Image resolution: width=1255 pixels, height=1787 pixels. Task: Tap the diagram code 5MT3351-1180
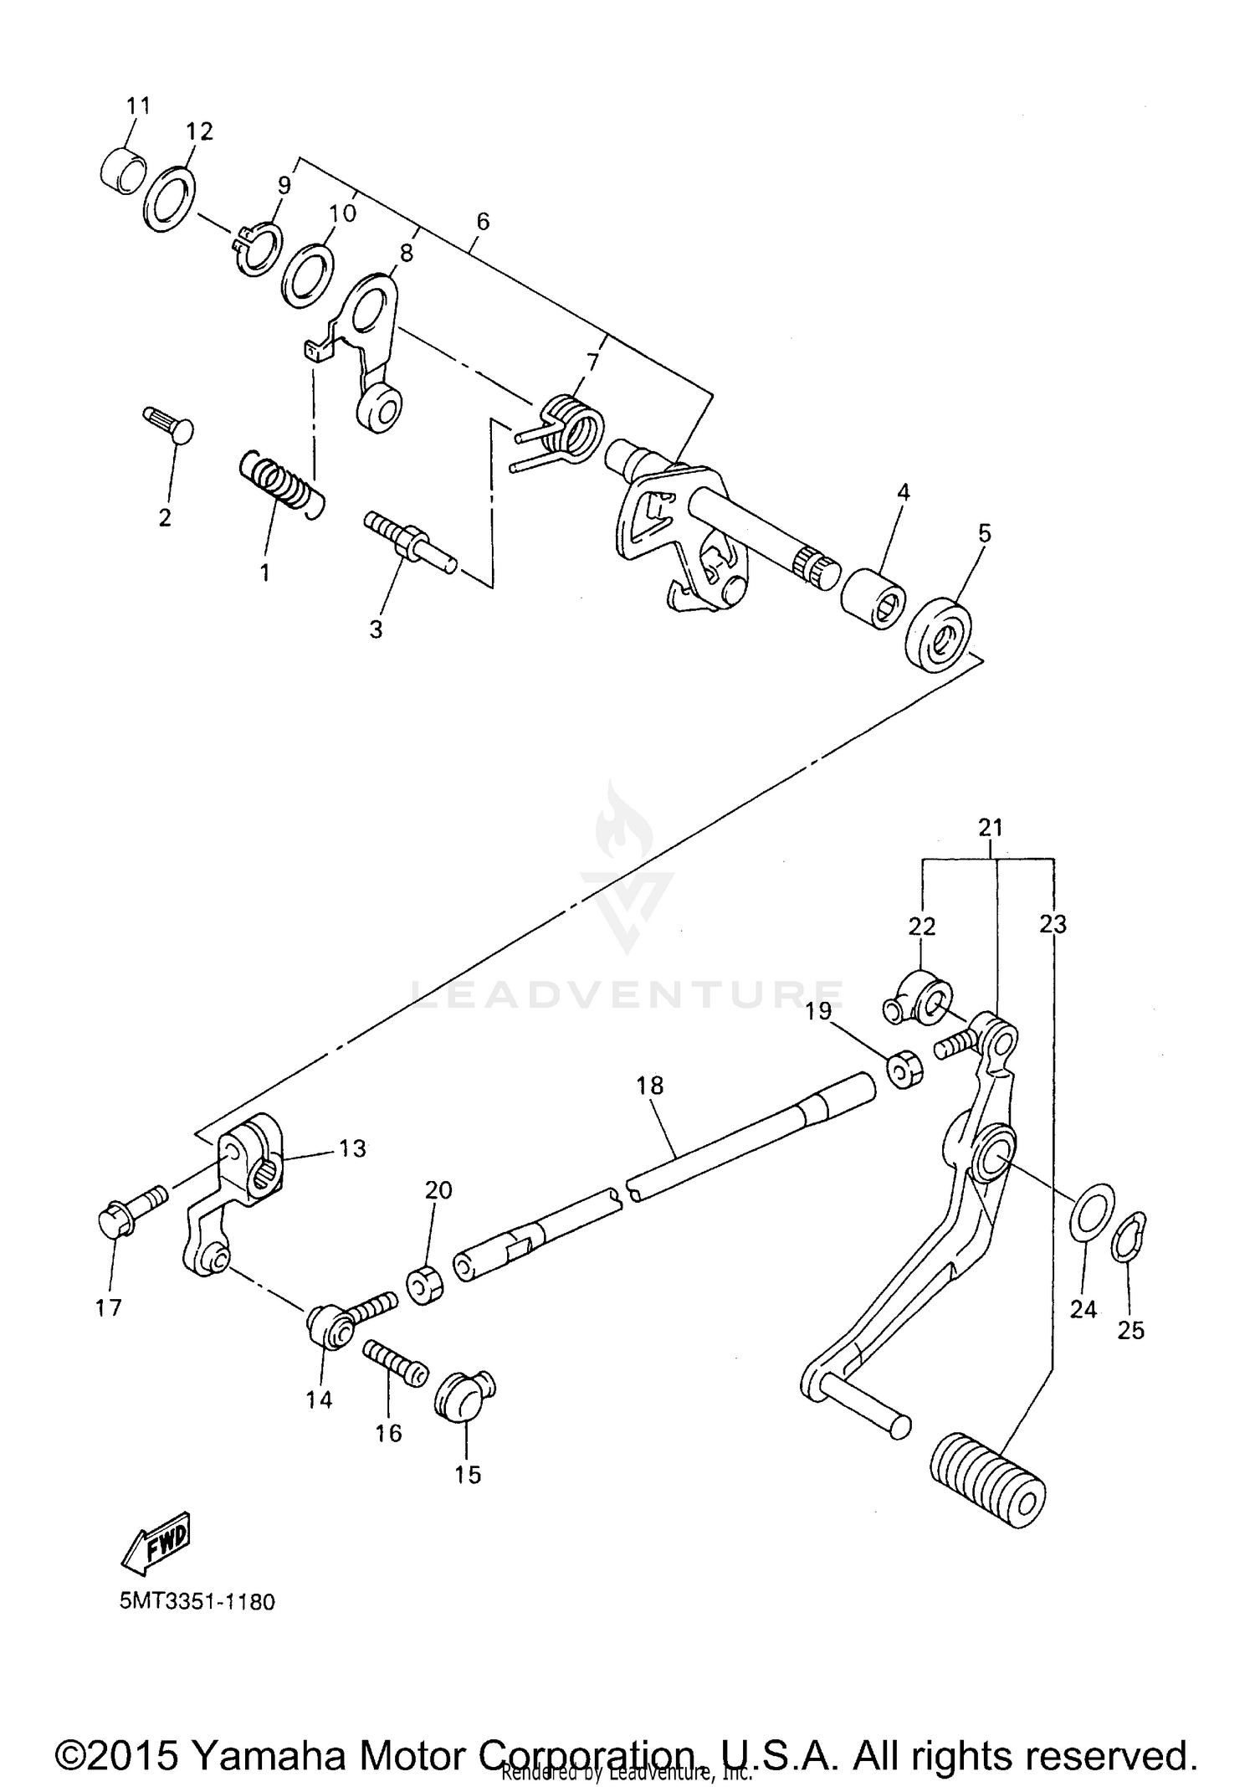pos(197,1602)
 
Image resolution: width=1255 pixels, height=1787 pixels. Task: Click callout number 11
pos(138,105)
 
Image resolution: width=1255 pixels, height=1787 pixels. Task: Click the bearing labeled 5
pos(939,632)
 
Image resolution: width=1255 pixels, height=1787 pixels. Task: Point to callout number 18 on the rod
pos(649,1086)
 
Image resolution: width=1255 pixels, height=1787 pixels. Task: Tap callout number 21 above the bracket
pos(990,828)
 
